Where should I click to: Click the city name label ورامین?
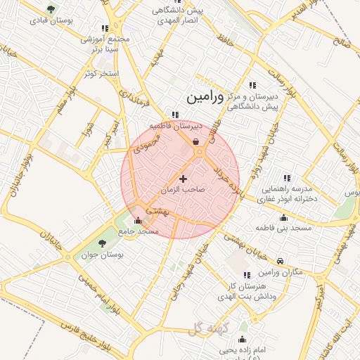pyautogui.click(x=205, y=98)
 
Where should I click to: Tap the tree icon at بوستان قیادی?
pyautogui.click(x=49, y=8)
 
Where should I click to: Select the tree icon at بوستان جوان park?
pyautogui.click(x=103, y=243)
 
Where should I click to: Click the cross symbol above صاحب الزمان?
pyautogui.click(x=184, y=179)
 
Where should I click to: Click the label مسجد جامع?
pyautogui.click(x=139, y=231)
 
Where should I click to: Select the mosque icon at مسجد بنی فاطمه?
pyautogui.click(x=283, y=217)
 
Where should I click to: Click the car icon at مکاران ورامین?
pyautogui.click(x=281, y=262)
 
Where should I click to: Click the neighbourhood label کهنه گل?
pyautogui.click(x=210, y=327)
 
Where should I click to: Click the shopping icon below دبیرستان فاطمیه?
pyautogui.click(x=195, y=141)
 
